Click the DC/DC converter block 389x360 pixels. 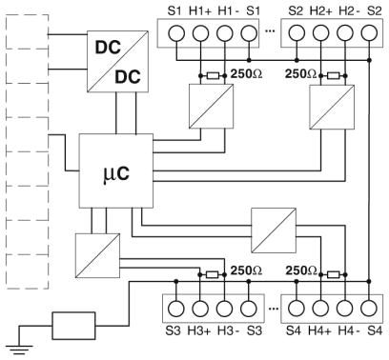[117, 62]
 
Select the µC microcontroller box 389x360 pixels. [116, 170]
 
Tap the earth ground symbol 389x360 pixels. [19, 350]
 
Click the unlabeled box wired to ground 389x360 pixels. [73, 326]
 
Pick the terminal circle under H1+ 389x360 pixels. [200, 33]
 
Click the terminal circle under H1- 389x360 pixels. [225, 33]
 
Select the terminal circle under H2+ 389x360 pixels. [321, 33]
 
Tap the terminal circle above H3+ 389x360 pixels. [200, 309]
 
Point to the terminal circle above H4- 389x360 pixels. [345, 309]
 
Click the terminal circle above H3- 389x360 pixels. [225, 309]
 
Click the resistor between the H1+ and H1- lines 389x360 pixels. [213, 75]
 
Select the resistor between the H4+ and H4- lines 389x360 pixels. [333, 274]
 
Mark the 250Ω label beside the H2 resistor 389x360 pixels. [300, 74]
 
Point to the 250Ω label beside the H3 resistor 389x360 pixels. [246, 270]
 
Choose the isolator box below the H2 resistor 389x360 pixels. [332, 107]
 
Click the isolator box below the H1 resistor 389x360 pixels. [212, 107]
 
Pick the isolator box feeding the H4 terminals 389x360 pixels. [274, 230]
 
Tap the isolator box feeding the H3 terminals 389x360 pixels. [97, 255]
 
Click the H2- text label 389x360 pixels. [349, 10]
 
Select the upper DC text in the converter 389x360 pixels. [108, 48]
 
